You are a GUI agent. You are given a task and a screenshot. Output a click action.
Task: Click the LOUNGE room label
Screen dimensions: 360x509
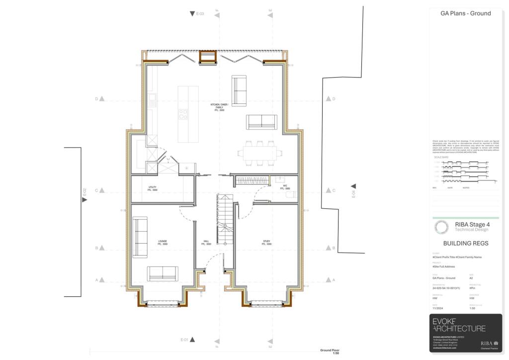pyautogui.click(x=163, y=242)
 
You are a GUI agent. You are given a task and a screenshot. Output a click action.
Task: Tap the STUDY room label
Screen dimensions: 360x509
pyautogui.click(x=267, y=242)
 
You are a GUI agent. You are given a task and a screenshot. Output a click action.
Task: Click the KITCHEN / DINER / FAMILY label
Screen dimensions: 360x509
pyautogui.click(x=219, y=107)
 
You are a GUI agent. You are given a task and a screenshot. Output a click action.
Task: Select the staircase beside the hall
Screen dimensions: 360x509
pyautogui.click(x=225, y=219)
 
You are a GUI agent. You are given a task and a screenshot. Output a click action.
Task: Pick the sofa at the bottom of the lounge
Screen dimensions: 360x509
pyautogui.click(x=163, y=272)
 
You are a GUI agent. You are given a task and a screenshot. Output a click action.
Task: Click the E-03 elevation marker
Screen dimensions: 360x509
pyautogui.click(x=197, y=13)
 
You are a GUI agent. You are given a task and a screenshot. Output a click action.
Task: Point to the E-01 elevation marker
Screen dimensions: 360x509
pyautogui.click(x=187, y=340)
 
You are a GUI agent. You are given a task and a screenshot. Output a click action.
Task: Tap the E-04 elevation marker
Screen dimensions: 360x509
pyautogui.click(x=353, y=190)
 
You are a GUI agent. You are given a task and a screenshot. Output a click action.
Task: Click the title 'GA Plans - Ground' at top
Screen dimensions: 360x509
pyautogui.click(x=466, y=13)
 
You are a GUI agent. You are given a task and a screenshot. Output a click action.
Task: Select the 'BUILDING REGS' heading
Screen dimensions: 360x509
pyautogui.click(x=466, y=243)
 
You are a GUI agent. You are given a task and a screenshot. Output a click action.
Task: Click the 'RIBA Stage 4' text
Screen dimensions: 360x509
pyautogui.click(x=472, y=224)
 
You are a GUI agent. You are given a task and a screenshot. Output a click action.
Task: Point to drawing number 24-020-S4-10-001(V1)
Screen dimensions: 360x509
pyautogui.click(x=446, y=288)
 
